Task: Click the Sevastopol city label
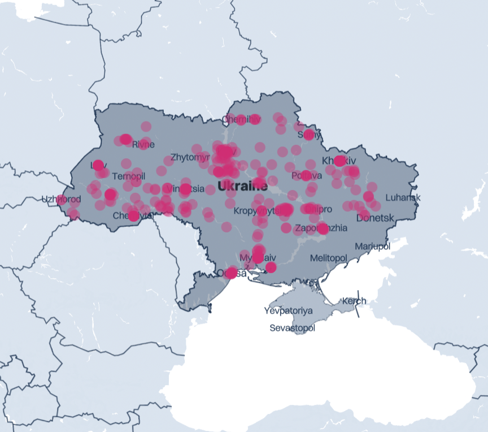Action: [292, 328]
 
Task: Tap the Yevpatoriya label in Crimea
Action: [288, 310]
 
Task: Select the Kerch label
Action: [354, 301]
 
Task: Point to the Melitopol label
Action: [328, 258]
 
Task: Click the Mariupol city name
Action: [372, 247]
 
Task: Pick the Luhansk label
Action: [403, 197]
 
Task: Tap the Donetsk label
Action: [375, 217]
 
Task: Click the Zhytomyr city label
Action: [190, 157]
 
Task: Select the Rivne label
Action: [143, 145]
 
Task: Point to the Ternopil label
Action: [128, 176]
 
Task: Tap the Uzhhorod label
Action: [61, 199]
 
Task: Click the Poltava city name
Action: [306, 176]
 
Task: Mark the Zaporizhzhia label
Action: [321, 228]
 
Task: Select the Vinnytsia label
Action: [186, 188]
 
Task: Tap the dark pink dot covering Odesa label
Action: [231, 273]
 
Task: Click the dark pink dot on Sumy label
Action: [308, 135]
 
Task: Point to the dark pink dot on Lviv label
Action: [98, 165]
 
